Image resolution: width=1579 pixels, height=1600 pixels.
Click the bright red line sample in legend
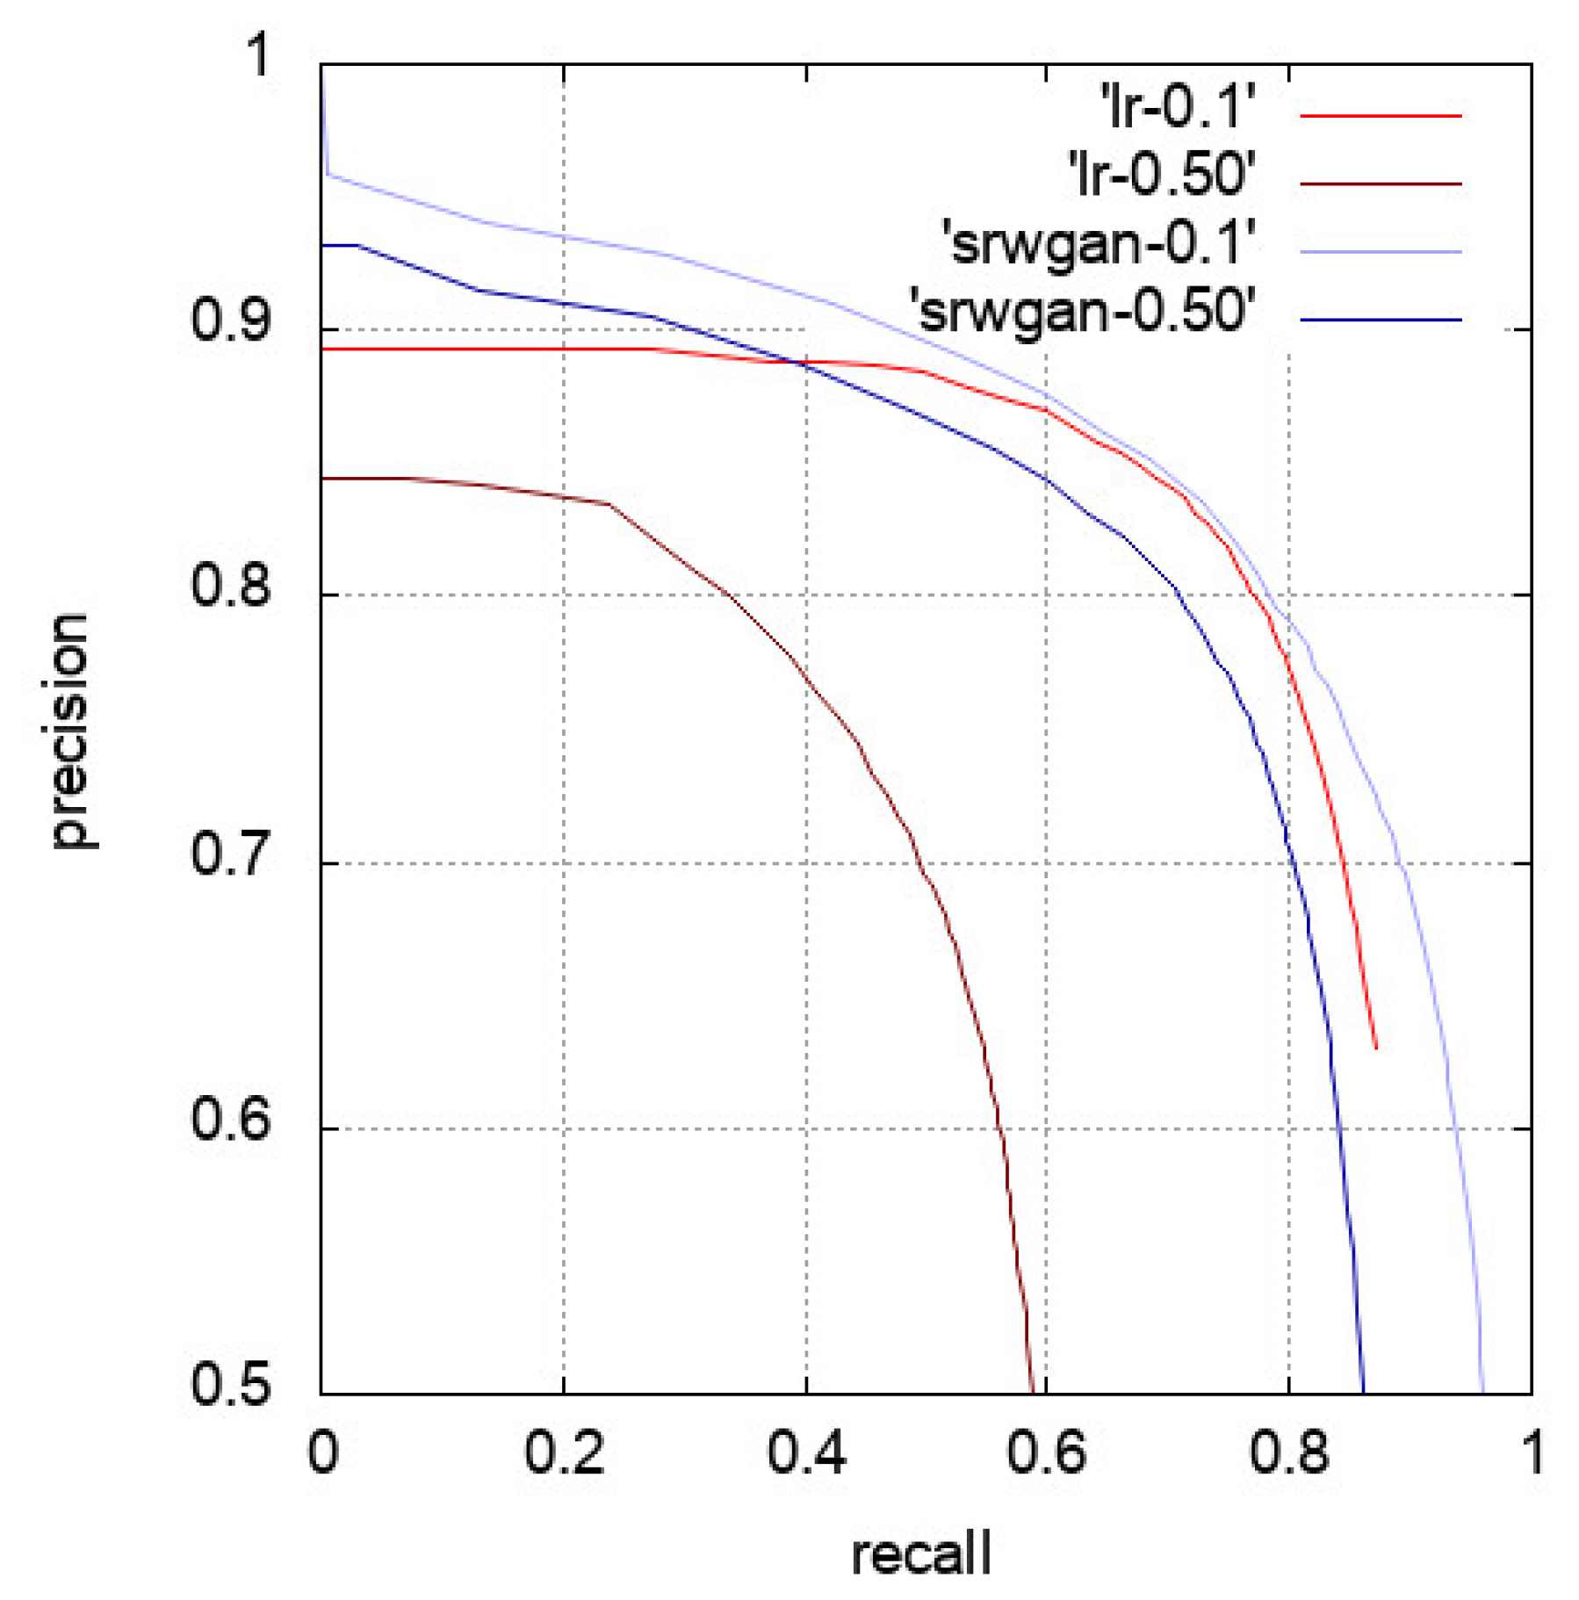[1381, 115]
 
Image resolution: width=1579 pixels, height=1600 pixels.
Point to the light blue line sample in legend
[1381, 252]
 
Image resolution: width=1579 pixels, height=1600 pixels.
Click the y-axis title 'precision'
[70, 731]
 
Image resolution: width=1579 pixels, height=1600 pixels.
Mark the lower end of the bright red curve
[1376, 1048]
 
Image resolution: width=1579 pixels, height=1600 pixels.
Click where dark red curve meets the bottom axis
[1033, 1393]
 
